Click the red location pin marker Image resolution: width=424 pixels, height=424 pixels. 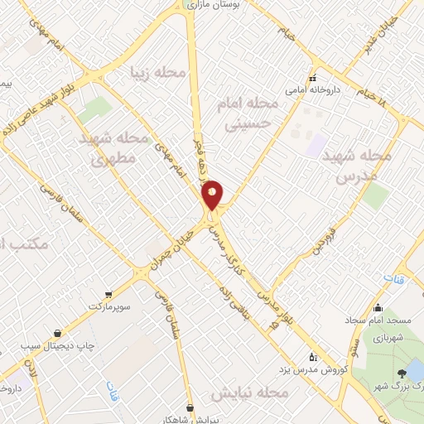click(x=213, y=195)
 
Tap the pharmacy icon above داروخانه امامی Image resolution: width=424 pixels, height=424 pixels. click(x=312, y=78)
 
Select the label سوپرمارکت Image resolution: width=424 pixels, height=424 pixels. click(x=112, y=306)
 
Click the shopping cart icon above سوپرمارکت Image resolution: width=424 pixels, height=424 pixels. click(x=108, y=294)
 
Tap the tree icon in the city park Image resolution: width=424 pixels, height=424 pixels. click(x=402, y=375)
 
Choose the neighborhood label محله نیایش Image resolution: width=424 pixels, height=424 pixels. click(x=249, y=391)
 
